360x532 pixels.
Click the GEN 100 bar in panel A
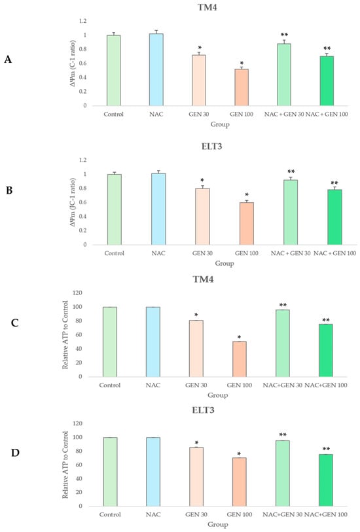click(x=242, y=87)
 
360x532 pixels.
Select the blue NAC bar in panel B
click(x=158, y=209)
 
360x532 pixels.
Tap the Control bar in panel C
click(x=110, y=342)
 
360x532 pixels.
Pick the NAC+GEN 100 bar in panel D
click(x=326, y=480)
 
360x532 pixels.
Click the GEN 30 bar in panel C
click(x=196, y=348)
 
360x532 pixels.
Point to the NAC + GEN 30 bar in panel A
click(x=284, y=75)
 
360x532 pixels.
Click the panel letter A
click(x=8, y=60)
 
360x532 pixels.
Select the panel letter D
click(x=15, y=453)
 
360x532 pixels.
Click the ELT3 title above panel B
click(x=211, y=147)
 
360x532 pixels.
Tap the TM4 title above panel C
click(x=203, y=279)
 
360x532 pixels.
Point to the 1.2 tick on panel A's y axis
click(x=82, y=21)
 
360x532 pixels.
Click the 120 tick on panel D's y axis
click(x=78, y=423)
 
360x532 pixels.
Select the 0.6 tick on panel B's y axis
click(x=82, y=202)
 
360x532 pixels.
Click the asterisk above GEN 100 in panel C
click(x=239, y=337)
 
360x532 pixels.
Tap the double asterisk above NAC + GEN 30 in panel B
click(x=291, y=171)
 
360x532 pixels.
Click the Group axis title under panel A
click(x=220, y=124)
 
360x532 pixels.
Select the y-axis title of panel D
click(x=65, y=465)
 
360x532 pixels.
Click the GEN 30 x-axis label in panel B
click(x=202, y=253)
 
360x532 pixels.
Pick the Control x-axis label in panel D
click(x=110, y=514)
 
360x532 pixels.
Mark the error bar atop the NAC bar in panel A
click(x=156, y=32)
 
